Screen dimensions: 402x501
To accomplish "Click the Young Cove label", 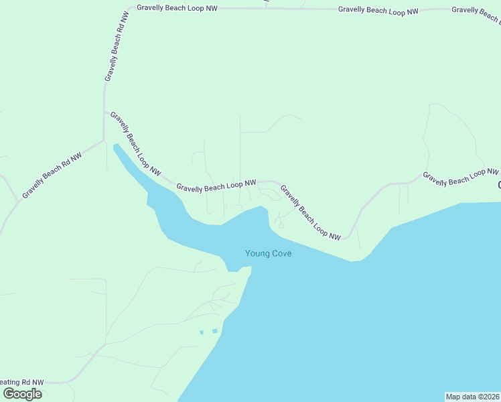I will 268,253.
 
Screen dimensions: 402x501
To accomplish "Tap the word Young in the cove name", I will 257,253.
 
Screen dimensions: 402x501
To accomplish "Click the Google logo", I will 22,394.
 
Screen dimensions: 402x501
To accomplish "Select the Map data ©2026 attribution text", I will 473,397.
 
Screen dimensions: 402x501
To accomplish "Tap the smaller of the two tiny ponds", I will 201,332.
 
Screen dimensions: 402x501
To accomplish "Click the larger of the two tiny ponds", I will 214,330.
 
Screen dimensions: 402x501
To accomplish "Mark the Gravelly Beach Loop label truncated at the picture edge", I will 476,9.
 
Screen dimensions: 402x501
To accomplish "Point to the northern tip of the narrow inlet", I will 115,145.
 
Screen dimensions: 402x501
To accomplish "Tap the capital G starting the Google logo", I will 9,394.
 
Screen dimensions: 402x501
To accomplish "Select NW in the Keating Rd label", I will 36,382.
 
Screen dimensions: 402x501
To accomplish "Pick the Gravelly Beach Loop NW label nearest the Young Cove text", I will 310,213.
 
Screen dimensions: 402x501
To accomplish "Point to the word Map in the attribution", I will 453,397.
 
